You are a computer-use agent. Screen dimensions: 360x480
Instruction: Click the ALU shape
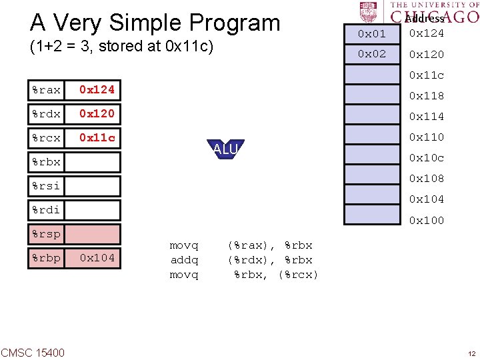pos(225,149)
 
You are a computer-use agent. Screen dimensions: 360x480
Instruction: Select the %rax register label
pos(46,89)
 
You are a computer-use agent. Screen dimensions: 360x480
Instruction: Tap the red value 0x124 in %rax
pos(97,89)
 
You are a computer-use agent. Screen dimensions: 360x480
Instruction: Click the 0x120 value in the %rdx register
pos(97,113)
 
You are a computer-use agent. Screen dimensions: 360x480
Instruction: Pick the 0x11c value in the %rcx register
pos(97,138)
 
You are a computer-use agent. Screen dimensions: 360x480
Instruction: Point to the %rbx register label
pos(46,162)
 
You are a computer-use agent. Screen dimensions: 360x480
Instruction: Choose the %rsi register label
pos(46,186)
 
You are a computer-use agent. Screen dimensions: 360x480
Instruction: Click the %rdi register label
pos(46,210)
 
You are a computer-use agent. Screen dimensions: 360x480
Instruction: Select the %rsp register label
pos(46,234)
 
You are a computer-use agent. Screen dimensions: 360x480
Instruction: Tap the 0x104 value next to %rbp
pos(97,258)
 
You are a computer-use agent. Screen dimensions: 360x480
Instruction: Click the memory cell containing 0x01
pos(372,33)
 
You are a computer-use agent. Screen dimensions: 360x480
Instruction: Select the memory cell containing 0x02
pos(372,54)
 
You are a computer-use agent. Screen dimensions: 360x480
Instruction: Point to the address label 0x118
pos(426,95)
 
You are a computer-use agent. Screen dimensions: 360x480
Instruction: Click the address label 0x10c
pos(426,157)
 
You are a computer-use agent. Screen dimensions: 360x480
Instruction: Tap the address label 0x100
pos(426,220)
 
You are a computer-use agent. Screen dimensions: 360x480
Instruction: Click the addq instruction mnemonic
pos(184,260)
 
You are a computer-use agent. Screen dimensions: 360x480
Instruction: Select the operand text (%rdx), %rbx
pos(270,260)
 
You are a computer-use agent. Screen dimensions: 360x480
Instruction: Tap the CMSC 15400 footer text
pos(33,352)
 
